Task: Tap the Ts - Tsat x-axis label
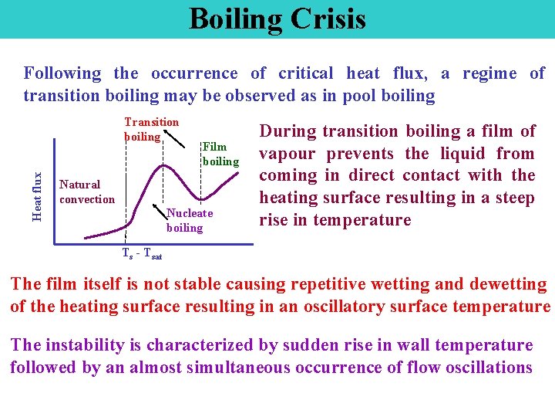tap(141, 253)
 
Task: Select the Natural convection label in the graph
tap(86, 192)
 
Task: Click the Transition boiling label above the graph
tap(151, 129)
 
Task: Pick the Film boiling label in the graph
tap(220, 154)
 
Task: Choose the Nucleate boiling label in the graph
tap(189, 220)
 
